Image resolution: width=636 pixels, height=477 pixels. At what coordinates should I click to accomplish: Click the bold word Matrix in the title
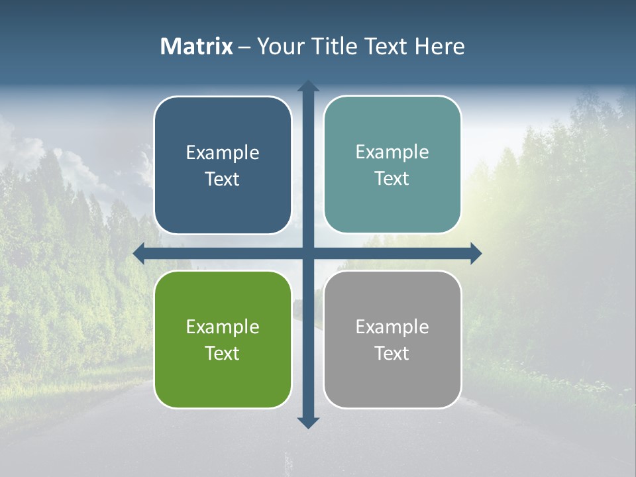pyautogui.click(x=197, y=46)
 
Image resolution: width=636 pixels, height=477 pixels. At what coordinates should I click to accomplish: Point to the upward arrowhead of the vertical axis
pyautogui.click(x=308, y=86)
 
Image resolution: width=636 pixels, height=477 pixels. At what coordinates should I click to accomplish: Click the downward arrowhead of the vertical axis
pyautogui.click(x=308, y=423)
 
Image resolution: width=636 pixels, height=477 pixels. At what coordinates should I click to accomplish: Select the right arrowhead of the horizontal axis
pyautogui.click(x=476, y=253)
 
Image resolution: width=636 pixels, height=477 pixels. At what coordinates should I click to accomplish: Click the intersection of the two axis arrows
pyautogui.click(x=308, y=253)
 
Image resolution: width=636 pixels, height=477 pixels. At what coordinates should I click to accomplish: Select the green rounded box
pyautogui.click(x=223, y=378)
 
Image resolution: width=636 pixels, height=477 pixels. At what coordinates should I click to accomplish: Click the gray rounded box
pyautogui.click(x=392, y=378)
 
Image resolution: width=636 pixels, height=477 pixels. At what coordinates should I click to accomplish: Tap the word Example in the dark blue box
pyautogui.click(x=223, y=153)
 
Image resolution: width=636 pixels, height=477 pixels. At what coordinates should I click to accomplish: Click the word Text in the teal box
pyautogui.click(x=392, y=179)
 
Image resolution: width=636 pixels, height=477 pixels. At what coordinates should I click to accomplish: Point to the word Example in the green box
pyautogui.click(x=223, y=327)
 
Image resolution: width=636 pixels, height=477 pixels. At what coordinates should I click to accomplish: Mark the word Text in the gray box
pyautogui.click(x=392, y=353)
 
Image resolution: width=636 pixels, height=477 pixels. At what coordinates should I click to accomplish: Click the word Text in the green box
pyautogui.click(x=223, y=353)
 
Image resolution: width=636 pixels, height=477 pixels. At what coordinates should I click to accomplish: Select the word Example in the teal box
pyautogui.click(x=392, y=152)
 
